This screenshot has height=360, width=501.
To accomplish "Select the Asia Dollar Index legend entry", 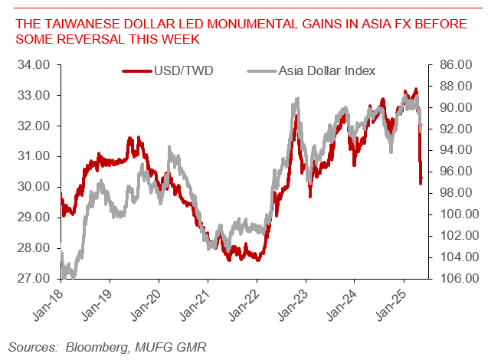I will pyautogui.click(x=322, y=71).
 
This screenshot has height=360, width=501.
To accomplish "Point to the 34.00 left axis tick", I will pyautogui.click(x=34, y=65).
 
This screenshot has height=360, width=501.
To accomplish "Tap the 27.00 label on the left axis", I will pyautogui.click(x=34, y=278).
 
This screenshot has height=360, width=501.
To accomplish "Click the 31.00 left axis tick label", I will pyautogui.click(x=34, y=156).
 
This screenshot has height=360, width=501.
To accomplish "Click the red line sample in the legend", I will pyautogui.click(x=135, y=71).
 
